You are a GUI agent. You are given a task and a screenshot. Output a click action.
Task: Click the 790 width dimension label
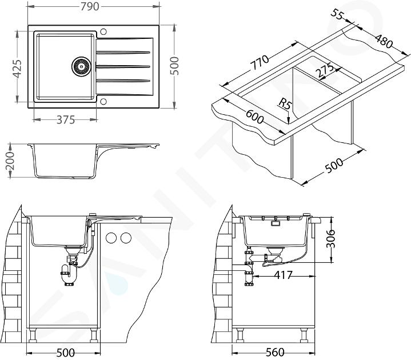90,6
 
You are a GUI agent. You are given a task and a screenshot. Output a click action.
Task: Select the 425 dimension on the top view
17,69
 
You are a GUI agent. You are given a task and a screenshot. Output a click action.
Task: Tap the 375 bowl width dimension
66,120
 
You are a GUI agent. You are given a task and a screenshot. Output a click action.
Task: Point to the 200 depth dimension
10,161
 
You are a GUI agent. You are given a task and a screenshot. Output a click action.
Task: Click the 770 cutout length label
260,63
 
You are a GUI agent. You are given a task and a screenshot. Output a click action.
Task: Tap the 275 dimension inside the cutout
324,70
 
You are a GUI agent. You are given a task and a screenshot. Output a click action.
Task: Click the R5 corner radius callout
285,104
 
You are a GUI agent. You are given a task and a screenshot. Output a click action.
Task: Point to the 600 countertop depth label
254,117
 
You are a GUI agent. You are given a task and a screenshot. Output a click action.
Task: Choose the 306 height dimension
332,238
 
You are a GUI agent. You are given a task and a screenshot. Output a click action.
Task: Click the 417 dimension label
283,275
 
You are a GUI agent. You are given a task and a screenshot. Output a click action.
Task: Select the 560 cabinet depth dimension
275,352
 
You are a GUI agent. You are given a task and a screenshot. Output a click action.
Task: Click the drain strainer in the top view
81,66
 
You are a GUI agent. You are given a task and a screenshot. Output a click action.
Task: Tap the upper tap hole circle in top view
103,31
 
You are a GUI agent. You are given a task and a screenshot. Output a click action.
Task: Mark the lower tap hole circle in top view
103,101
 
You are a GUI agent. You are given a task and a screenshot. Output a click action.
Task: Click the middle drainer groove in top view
123,67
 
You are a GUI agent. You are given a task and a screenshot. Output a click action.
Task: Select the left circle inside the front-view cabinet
111,238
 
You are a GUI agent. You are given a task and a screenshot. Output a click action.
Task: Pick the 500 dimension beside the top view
175,66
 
